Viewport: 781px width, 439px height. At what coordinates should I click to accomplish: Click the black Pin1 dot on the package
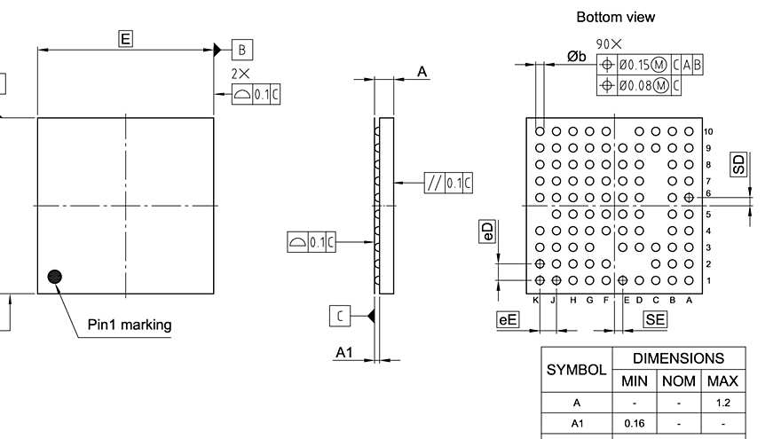click(x=55, y=277)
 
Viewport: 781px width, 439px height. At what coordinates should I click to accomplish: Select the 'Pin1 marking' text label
click(x=130, y=325)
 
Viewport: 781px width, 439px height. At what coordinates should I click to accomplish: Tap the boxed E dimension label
click(x=125, y=38)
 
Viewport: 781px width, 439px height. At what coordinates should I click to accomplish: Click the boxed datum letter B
click(x=241, y=50)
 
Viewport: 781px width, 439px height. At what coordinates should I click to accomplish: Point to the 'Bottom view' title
click(x=615, y=17)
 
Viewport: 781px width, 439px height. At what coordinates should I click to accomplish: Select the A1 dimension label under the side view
click(x=343, y=353)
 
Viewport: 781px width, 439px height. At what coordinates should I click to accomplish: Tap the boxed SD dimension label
click(x=738, y=164)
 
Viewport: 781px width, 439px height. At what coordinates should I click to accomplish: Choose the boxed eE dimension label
click(x=507, y=320)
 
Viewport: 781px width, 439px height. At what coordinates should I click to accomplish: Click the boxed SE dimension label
click(x=655, y=320)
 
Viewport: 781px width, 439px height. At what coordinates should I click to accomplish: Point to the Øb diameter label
click(x=577, y=57)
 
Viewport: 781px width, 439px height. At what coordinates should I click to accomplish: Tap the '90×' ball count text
click(x=609, y=43)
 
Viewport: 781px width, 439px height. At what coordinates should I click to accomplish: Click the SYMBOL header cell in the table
click(x=576, y=370)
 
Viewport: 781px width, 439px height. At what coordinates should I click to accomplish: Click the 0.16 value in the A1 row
click(x=634, y=424)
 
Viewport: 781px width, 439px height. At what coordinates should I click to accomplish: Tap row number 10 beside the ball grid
click(x=708, y=131)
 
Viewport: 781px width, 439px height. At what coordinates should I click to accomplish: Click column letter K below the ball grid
click(x=536, y=300)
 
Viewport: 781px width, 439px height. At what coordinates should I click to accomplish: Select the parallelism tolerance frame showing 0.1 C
click(x=448, y=183)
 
